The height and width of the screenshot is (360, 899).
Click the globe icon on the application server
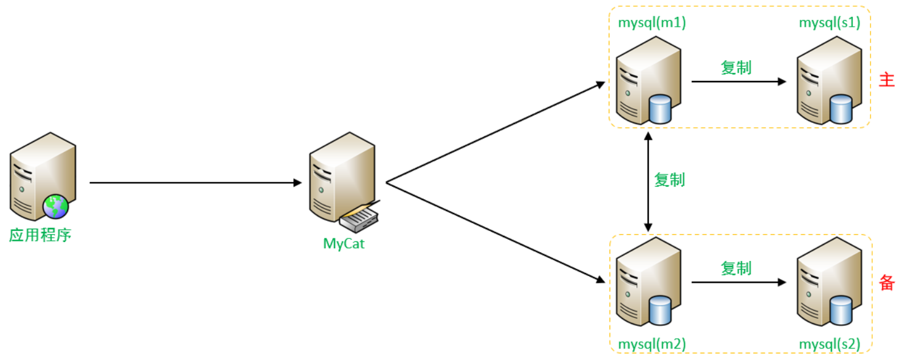[56, 207]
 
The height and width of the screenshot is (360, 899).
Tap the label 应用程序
[40, 235]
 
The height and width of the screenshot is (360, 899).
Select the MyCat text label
[344, 244]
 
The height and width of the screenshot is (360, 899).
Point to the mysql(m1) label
[652, 23]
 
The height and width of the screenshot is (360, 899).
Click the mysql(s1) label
[830, 23]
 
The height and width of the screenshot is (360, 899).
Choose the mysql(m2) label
[652, 344]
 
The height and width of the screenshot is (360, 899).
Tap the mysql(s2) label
[830, 344]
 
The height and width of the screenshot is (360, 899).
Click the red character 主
[887, 80]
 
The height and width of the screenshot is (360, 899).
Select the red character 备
[887, 282]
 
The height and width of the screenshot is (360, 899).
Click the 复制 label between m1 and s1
[736, 67]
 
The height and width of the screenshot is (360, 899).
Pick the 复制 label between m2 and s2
[736, 268]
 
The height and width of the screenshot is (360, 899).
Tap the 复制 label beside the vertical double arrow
[669, 180]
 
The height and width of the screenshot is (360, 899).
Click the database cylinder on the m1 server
[659, 108]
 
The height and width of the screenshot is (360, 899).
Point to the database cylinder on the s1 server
[841, 108]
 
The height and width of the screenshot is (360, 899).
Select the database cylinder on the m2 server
[659, 310]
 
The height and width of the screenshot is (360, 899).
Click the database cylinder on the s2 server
[841, 310]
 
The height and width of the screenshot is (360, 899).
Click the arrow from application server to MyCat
[195, 182]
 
